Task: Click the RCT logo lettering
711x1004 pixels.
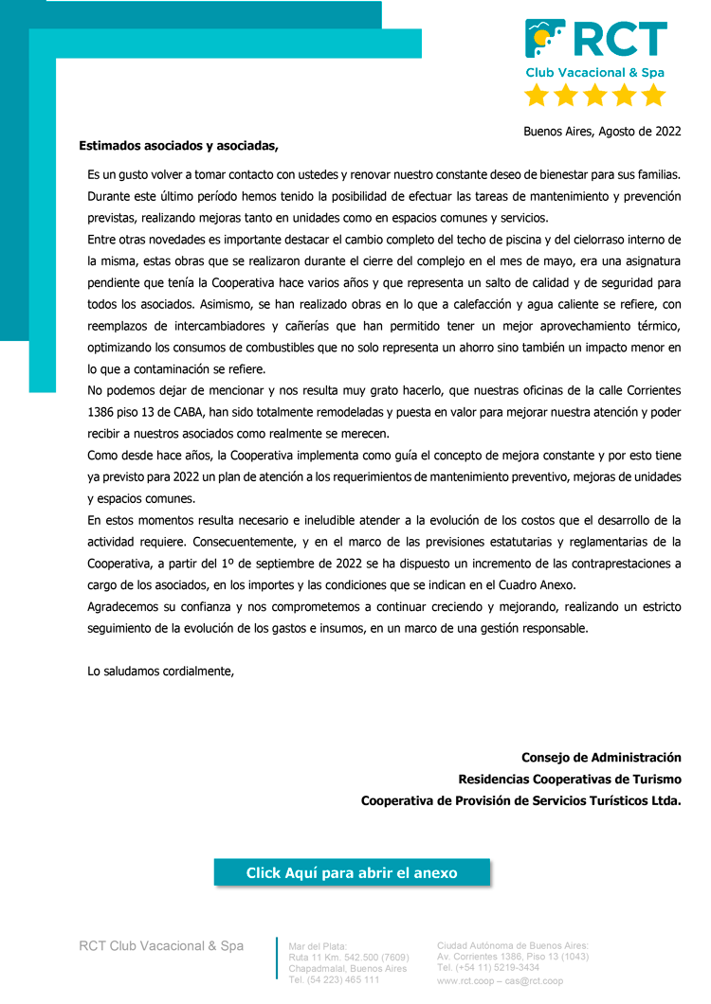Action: (x=620, y=40)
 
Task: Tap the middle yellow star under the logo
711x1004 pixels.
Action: (x=594, y=96)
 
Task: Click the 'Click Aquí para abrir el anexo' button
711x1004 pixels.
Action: (x=352, y=873)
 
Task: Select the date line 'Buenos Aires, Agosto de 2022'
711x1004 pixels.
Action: (x=602, y=132)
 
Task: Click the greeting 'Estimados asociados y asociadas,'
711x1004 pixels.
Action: (x=179, y=146)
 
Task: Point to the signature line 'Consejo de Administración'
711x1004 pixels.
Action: (x=601, y=758)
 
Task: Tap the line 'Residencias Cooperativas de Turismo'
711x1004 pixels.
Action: (x=570, y=780)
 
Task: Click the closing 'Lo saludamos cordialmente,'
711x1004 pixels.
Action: (x=160, y=672)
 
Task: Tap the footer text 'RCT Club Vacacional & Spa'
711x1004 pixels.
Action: (x=161, y=946)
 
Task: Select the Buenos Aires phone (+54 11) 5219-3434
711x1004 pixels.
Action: (x=487, y=968)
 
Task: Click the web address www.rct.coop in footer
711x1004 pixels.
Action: (x=465, y=981)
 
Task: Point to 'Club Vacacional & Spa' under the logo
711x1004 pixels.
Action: (x=595, y=73)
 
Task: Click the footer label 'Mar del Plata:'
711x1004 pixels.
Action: (x=318, y=946)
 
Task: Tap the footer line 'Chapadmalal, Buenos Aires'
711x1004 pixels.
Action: (x=347, y=969)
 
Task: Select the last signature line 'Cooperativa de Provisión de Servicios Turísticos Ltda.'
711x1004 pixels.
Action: (x=521, y=801)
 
